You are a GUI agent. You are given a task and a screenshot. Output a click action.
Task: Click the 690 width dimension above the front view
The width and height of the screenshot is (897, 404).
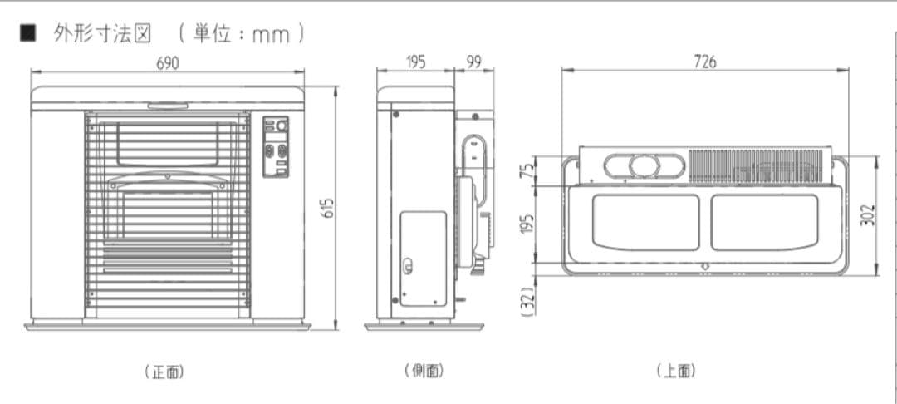click(x=168, y=62)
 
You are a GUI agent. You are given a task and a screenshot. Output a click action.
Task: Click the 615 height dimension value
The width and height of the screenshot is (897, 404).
click(x=328, y=208)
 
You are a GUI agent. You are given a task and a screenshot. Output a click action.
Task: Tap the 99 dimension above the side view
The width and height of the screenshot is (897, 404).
click(x=473, y=62)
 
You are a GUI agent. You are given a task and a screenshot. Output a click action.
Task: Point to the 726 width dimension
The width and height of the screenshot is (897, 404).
click(x=704, y=62)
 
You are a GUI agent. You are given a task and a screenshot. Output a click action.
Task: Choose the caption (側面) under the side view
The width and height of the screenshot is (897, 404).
click(x=424, y=371)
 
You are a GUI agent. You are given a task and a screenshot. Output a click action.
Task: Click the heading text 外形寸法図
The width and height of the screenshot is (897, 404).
click(x=103, y=34)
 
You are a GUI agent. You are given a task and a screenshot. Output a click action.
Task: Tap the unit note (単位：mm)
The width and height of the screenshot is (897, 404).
click(x=240, y=34)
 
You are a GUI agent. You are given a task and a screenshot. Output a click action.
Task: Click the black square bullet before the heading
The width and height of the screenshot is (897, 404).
click(x=28, y=35)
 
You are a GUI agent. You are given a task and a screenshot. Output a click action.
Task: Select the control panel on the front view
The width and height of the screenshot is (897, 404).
click(x=276, y=146)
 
